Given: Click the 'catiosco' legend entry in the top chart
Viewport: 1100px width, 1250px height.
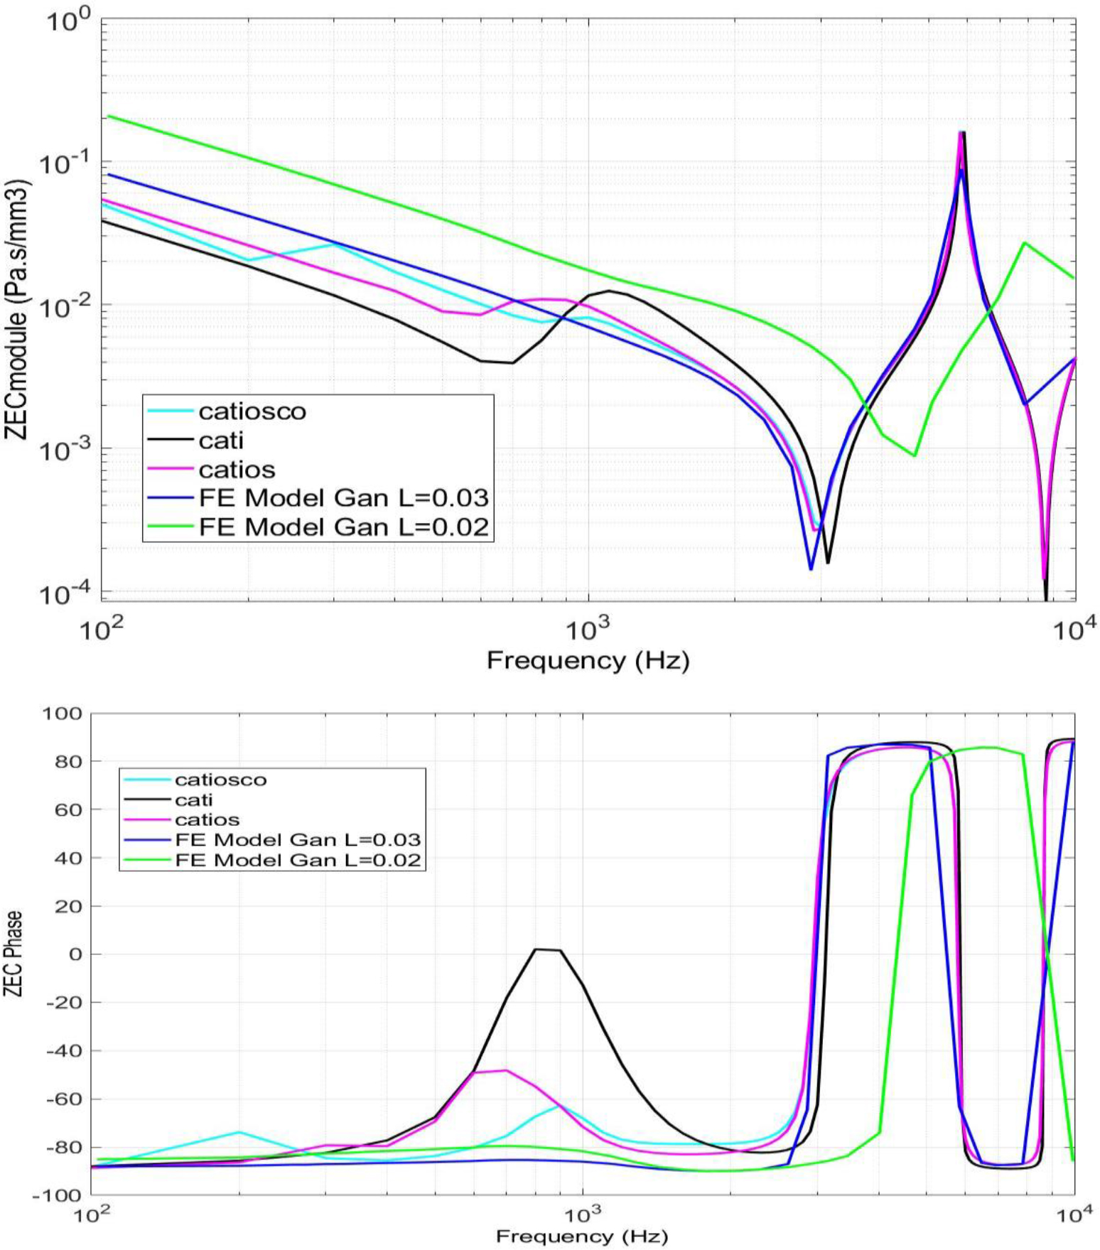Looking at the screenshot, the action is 252,411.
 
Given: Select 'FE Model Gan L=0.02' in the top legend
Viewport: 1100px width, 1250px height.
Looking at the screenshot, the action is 344,527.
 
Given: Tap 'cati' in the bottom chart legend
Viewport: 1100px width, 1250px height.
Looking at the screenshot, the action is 194,799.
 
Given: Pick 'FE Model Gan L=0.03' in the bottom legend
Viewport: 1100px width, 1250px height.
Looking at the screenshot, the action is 298,840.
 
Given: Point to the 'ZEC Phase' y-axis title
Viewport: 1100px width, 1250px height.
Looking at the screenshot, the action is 13,954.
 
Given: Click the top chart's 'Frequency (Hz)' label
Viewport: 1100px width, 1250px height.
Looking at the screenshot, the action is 588,661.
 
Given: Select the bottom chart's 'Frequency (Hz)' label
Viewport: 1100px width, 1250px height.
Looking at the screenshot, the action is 582,1236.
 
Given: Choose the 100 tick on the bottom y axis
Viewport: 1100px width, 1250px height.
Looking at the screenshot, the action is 62,713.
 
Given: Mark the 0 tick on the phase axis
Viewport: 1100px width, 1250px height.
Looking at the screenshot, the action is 75,954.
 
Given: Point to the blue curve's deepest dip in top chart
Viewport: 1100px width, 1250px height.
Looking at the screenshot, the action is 811,569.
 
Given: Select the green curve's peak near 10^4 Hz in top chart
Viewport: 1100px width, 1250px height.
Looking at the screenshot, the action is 1024,243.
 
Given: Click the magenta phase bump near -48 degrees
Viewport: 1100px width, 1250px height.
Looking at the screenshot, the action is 505,1070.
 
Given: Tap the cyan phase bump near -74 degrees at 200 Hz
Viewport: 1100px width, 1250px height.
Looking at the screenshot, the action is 239,1132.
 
